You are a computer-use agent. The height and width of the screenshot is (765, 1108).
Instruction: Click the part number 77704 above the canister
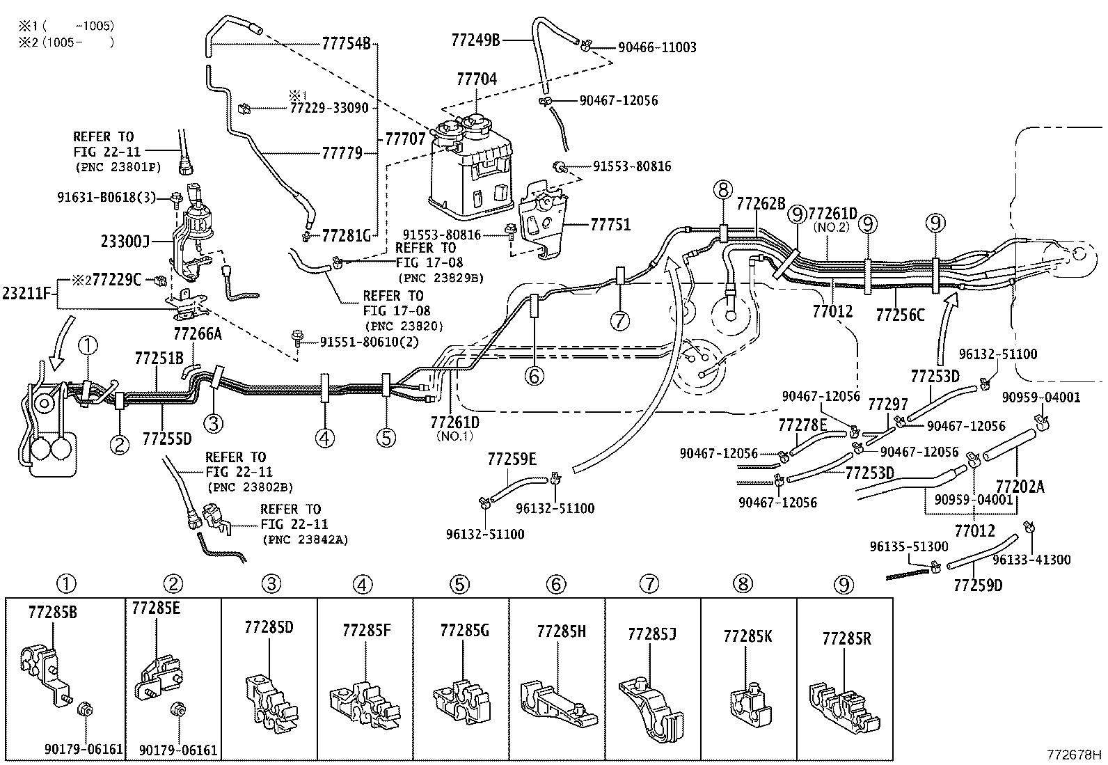(x=477, y=79)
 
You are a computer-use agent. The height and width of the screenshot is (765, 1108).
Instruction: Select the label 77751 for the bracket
(x=610, y=225)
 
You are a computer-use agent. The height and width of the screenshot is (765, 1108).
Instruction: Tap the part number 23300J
(x=125, y=241)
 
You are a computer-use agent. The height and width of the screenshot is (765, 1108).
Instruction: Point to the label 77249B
(x=475, y=40)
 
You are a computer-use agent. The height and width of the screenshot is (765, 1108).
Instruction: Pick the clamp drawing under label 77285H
(x=557, y=703)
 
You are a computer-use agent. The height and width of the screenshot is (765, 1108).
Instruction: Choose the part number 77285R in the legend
(x=846, y=638)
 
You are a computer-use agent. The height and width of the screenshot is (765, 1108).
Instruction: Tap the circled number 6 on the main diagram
(x=534, y=376)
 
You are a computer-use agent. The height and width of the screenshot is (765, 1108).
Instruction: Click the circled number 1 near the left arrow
(x=88, y=345)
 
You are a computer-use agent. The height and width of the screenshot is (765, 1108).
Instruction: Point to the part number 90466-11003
(x=656, y=47)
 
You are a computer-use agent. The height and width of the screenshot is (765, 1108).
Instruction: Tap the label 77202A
(x=1020, y=487)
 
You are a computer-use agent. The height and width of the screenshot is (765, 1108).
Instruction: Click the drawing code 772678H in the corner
(x=1075, y=755)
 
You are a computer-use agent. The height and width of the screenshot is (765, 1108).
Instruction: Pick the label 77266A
(x=197, y=333)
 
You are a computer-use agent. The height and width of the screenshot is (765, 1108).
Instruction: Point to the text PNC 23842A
(x=306, y=539)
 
